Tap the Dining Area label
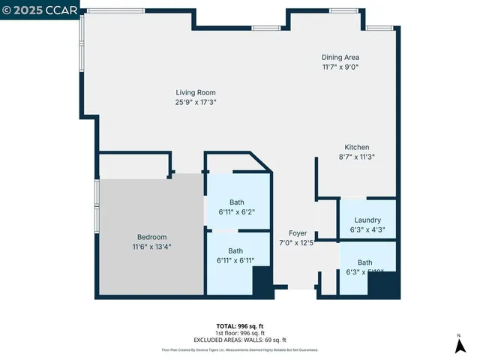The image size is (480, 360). (x=340, y=58)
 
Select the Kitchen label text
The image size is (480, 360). (x=357, y=147)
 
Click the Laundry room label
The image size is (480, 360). (x=367, y=220)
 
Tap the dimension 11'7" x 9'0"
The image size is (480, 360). (x=340, y=67)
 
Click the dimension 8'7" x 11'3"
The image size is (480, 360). (x=357, y=157)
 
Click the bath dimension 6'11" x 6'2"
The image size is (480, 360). (x=237, y=212)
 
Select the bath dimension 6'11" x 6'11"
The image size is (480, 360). (x=236, y=260)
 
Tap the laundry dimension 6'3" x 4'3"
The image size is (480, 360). (x=367, y=229)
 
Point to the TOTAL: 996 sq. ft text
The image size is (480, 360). (x=240, y=326)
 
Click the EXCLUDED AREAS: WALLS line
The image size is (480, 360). (x=240, y=340)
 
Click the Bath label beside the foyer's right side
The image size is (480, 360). (x=364, y=262)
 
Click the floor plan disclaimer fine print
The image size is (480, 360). (x=240, y=349)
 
